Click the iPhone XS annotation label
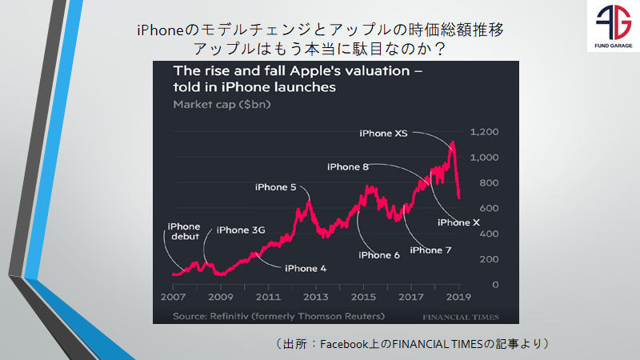point(384,134)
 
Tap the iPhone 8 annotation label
point(348,166)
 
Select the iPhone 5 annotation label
point(276,187)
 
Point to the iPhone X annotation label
point(458,222)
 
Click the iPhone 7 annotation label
point(430,250)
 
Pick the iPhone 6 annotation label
point(379,255)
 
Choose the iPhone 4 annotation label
point(306,268)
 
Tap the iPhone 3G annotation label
point(241,230)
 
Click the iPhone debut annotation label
point(184,231)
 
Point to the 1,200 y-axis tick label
point(484,132)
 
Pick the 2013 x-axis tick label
point(316,297)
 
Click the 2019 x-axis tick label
point(457,297)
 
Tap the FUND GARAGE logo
point(612,29)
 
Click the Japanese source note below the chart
point(412,343)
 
